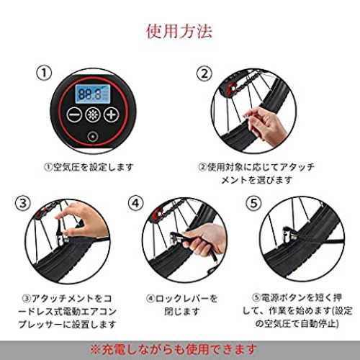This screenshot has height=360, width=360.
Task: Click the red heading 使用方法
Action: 179,31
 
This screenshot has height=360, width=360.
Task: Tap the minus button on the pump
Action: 74,114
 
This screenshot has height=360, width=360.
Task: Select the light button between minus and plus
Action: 93,114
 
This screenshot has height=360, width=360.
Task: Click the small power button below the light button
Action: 93,137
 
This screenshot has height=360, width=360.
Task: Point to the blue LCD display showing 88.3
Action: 93,94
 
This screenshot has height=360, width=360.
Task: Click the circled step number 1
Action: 44,73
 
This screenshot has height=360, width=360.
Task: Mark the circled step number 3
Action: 23,204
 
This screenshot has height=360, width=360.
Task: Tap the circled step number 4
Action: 136,203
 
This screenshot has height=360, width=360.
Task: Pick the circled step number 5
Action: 253,204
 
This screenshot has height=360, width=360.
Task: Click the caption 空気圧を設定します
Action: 89,167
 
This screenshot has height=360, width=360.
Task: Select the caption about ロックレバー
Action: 181,305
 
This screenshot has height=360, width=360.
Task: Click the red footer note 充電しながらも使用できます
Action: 174,350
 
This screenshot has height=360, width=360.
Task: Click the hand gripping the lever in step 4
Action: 204,240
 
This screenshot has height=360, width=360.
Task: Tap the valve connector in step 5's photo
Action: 289,235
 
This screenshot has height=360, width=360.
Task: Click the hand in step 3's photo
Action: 84,222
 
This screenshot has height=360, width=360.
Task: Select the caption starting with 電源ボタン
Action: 297,311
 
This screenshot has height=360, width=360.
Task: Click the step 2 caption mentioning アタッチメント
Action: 256,174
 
